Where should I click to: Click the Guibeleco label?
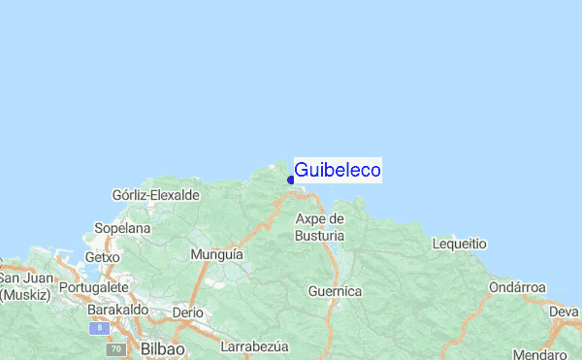click(337, 170)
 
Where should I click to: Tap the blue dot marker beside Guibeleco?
click(291, 179)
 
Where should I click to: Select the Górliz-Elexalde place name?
click(156, 195)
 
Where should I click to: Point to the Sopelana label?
click(122, 228)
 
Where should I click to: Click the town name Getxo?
click(102, 257)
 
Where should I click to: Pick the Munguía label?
click(216, 254)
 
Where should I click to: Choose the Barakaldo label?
click(117, 310)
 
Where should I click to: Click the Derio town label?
click(187, 313)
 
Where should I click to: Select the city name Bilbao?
click(162, 346)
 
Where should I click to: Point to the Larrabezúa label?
click(255, 346)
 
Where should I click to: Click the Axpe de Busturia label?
click(319, 227)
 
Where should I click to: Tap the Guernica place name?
click(335, 291)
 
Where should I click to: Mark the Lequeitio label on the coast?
click(459, 244)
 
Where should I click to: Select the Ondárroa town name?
click(517, 288)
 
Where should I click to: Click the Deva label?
click(564, 311)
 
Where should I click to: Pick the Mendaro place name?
click(540, 354)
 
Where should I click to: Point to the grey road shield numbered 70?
click(116, 348)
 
